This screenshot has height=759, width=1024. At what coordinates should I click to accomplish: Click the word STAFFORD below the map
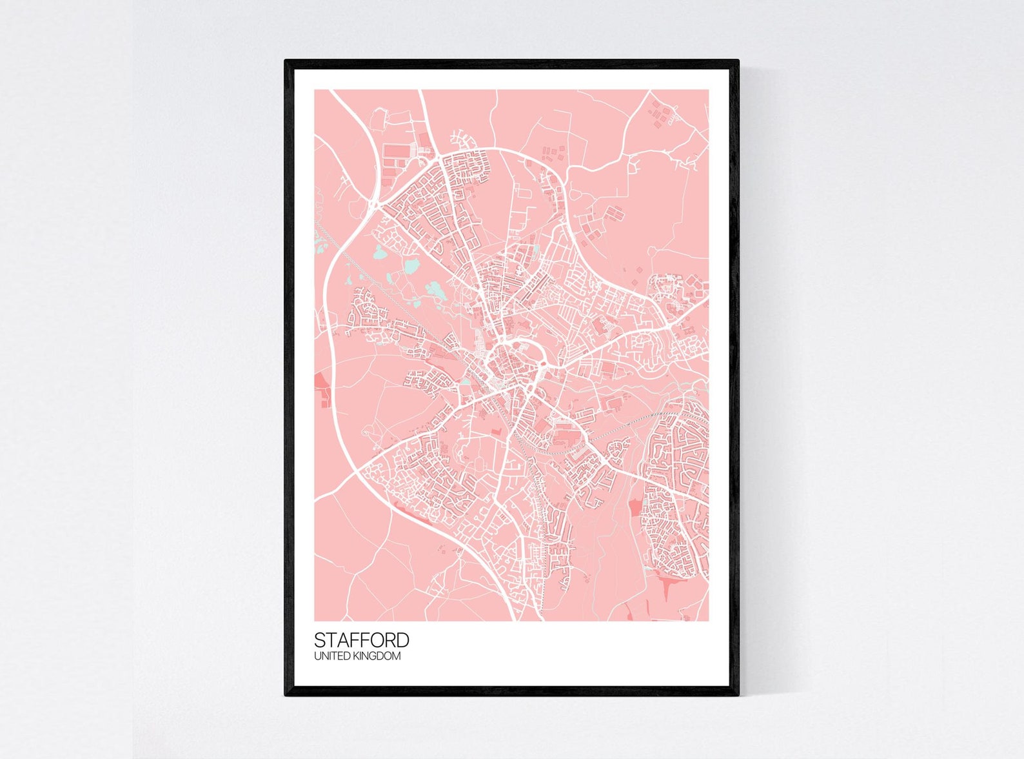click(x=361, y=640)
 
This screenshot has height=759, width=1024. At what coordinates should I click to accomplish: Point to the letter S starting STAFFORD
click(x=320, y=640)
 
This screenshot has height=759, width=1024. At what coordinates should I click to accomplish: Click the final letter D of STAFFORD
click(x=402, y=640)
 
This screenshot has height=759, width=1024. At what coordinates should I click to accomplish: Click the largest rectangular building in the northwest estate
click(x=395, y=151)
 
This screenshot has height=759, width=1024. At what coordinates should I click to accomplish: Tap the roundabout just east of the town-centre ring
click(x=543, y=365)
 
